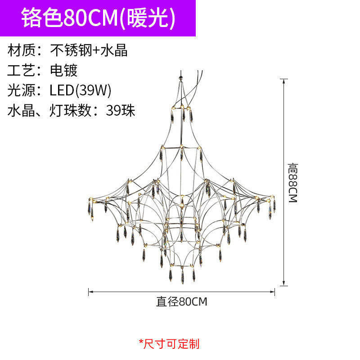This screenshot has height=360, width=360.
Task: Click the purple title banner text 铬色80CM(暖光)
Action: pyautogui.click(x=98, y=18)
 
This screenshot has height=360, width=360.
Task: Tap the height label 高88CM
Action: pyautogui.click(x=293, y=183)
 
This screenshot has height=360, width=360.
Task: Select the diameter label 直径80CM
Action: pyautogui.click(x=181, y=301)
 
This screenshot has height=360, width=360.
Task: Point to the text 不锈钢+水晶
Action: pyautogui.click(x=89, y=50)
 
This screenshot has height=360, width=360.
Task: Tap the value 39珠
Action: pyautogui.click(x=121, y=110)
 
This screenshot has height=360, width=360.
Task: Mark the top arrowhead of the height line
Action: pyautogui.click(x=283, y=81)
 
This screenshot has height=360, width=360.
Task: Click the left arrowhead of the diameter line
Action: pyautogui.click(x=90, y=292)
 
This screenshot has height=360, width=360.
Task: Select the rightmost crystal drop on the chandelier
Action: pyautogui.click(x=274, y=205)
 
